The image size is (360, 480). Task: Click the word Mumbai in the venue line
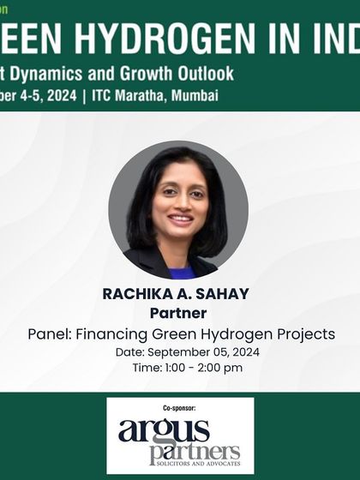[x=192, y=95]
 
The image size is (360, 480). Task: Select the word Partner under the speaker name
[x=180, y=313]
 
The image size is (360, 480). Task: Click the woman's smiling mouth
[x=180, y=219]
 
